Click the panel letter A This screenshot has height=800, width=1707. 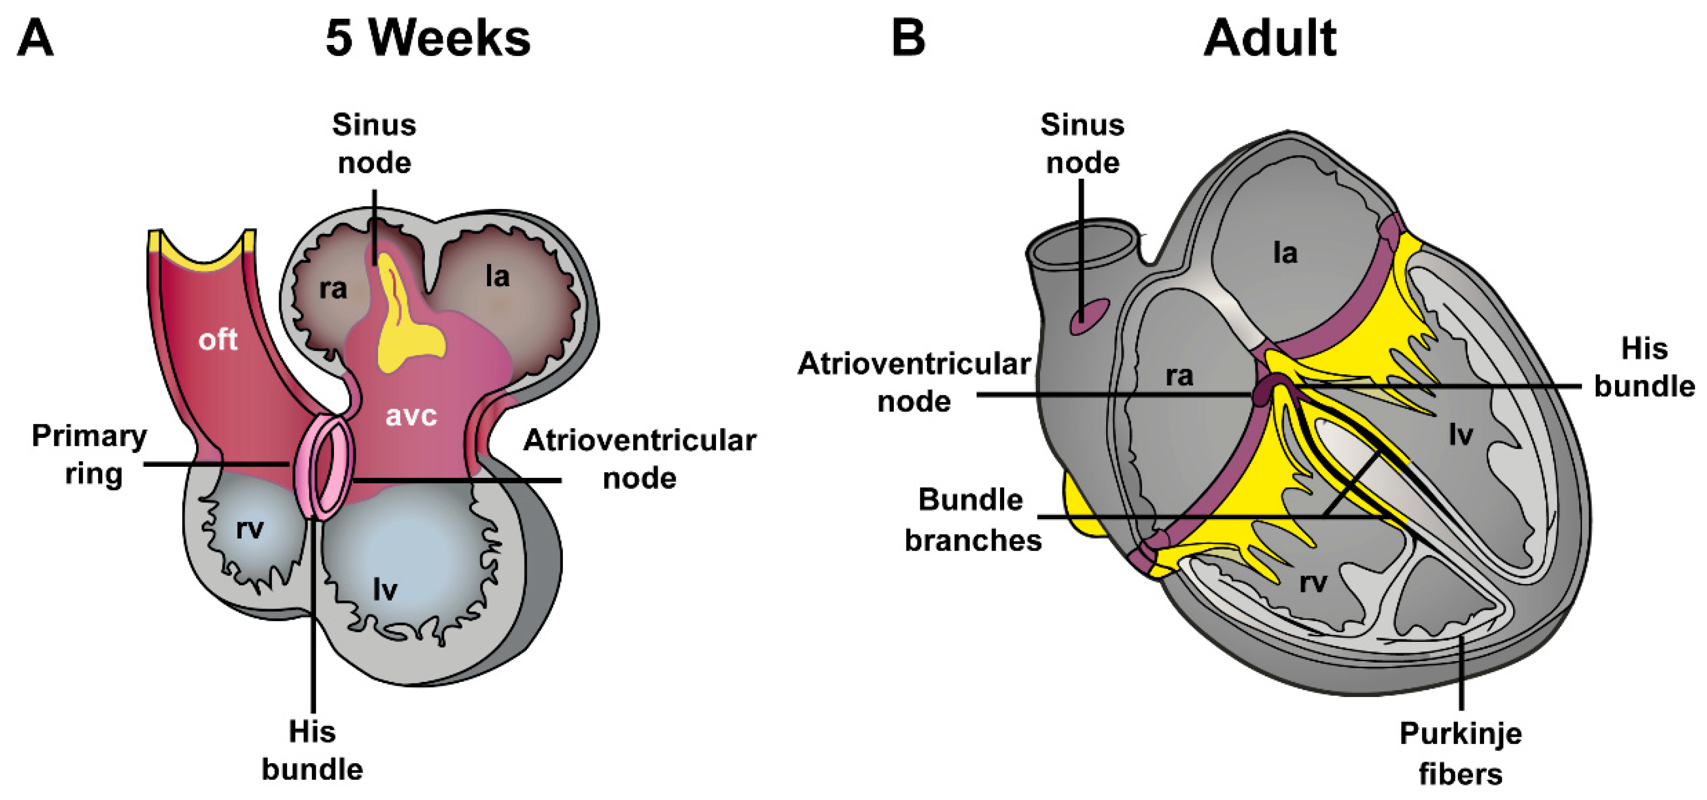pos(34,38)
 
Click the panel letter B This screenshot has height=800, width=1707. pos(908,38)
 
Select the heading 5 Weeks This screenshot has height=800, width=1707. pos(428,38)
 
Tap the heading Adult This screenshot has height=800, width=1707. pos(1270,38)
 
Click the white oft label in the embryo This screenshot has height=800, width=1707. pos(217,340)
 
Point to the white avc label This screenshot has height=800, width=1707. pos(411,416)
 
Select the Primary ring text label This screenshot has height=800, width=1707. pos(90,455)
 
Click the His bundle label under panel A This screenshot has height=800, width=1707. pos(312,751)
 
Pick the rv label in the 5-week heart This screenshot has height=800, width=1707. pos(250,528)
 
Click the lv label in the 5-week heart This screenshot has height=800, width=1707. pos(385,589)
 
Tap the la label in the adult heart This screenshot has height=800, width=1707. pos(1285,253)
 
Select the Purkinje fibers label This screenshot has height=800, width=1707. pos(1460,753)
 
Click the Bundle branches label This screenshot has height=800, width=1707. pos(972,520)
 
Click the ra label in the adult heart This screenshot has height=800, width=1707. pos(1179,376)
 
